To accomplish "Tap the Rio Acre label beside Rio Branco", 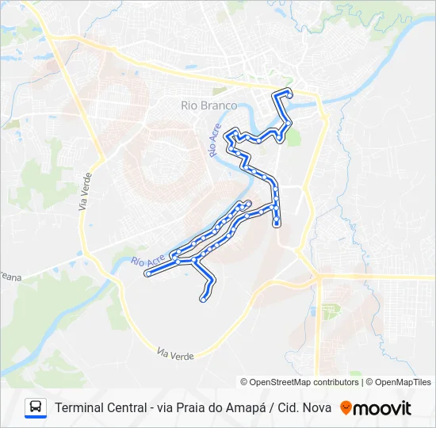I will [214, 140].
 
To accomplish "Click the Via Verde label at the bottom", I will [175, 353].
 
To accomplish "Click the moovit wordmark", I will [383, 408].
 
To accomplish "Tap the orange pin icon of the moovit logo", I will [346, 408].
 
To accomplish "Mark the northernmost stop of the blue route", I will [289, 94].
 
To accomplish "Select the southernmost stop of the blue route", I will [203, 300].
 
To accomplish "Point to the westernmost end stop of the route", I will [148, 274].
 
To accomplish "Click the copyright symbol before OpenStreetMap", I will [244, 382].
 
